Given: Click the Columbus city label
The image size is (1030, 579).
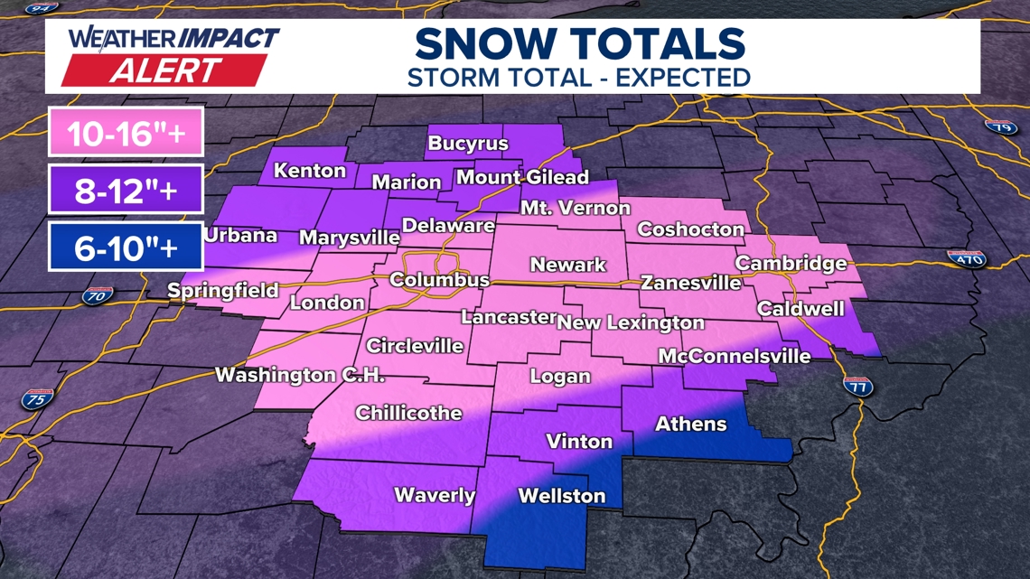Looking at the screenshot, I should click(x=439, y=280).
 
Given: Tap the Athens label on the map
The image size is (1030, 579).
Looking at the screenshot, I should click(x=690, y=424).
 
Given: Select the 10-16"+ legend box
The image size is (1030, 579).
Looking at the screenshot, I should click(x=126, y=133).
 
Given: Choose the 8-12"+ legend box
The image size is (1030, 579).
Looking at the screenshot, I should click(x=126, y=190).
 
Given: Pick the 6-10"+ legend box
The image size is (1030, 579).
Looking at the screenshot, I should click(x=126, y=247).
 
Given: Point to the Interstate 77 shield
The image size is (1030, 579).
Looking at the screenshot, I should click(x=857, y=386).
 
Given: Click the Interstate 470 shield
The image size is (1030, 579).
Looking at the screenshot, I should click(x=966, y=259).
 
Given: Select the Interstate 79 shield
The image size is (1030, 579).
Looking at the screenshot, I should click(x=1002, y=127).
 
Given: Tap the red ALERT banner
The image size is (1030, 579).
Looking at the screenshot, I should click(x=165, y=70).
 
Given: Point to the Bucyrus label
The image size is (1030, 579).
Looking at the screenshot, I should click(x=468, y=144).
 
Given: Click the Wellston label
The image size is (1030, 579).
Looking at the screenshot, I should click(x=561, y=496).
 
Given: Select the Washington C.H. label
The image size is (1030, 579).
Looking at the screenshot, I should click(x=300, y=375).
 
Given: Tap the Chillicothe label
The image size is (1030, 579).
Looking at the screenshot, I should click(x=408, y=413).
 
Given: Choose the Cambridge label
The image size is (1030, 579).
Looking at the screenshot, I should click(x=791, y=263).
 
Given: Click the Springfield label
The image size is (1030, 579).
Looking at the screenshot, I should click(x=223, y=292).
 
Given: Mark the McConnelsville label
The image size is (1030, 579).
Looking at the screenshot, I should click(x=734, y=356).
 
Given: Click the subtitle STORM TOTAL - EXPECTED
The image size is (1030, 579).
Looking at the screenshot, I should click(x=579, y=77).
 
